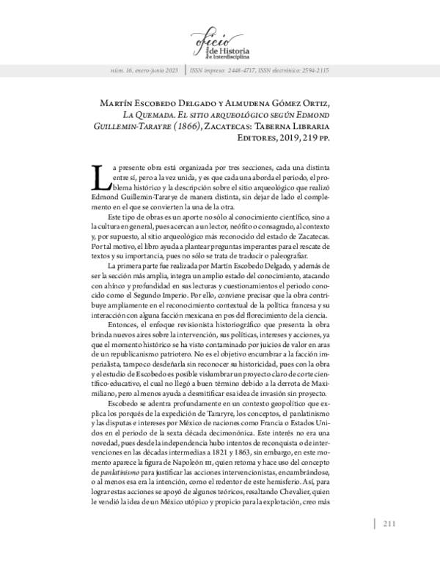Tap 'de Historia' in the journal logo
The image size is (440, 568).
coord(230,51)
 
